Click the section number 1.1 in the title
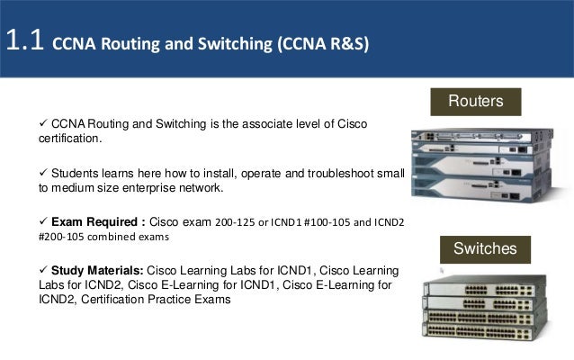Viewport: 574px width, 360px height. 25,40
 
